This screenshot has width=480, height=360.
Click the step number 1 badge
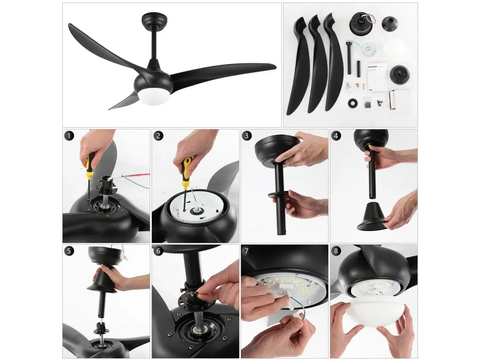point(69,135)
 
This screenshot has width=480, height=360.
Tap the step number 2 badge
point(158,135)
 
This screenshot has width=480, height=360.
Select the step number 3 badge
point(247,135)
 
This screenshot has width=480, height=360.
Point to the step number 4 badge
point(336,135)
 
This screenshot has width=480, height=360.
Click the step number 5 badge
point(69,251)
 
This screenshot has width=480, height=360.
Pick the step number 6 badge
point(158,251)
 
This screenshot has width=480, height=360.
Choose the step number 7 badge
point(247,251)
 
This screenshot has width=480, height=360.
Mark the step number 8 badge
point(336,251)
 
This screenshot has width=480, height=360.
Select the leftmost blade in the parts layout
point(296,66)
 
